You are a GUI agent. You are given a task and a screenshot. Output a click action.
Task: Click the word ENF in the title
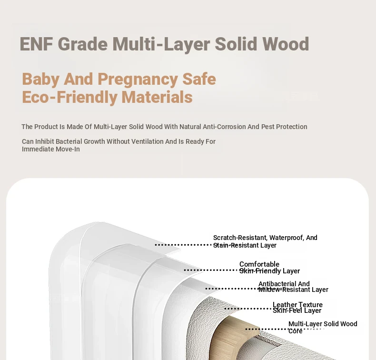point(36,44)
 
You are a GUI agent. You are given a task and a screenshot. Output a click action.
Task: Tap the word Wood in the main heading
point(286,44)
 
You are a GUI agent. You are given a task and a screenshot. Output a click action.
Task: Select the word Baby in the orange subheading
point(41,80)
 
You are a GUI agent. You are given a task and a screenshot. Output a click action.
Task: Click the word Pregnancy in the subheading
point(138,80)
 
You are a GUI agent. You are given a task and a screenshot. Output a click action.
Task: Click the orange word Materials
point(157,97)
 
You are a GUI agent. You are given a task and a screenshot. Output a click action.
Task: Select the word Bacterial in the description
point(69,141)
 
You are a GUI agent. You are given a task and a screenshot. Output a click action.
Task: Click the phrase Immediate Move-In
point(51,149)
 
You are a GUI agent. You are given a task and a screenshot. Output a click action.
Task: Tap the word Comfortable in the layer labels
point(259,264)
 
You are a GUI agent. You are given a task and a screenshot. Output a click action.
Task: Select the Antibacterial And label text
point(284,284)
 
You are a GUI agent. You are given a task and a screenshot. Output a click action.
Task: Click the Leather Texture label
point(297,305)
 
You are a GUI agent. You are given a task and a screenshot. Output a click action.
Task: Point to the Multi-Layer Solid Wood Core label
point(323,327)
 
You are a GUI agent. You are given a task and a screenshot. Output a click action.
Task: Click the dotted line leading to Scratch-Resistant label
point(184,245)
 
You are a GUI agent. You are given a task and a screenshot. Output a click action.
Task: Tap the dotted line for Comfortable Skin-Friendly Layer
point(211,270)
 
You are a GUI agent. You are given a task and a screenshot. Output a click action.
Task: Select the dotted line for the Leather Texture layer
point(248,309)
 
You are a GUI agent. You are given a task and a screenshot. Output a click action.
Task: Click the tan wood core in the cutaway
point(230,336)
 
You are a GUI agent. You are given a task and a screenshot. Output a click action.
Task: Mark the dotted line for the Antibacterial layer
point(232,289)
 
